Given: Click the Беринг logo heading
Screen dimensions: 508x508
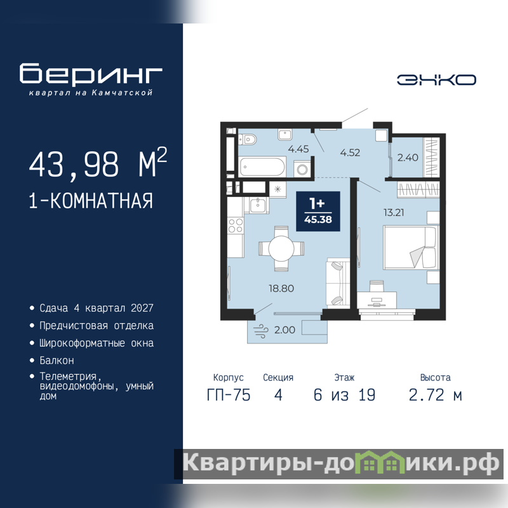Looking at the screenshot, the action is (x=91, y=74).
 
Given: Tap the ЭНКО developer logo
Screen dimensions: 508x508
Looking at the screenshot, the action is (x=436, y=80).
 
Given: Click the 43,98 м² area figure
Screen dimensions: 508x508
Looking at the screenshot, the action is (x=98, y=163).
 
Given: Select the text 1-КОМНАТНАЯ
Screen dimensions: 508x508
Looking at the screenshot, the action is (x=91, y=201).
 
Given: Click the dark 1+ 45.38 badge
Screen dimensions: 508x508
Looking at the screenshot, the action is (x=318, y=211).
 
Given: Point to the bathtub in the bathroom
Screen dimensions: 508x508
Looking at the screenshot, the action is (x=262, y=167).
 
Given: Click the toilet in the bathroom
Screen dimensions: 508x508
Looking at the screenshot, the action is (x=247, y=140).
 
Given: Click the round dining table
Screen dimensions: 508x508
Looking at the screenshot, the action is (x=281, y=248).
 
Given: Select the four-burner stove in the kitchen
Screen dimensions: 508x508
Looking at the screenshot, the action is (x=236, y=225).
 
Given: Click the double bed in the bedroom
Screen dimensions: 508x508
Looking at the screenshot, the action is (x=410, y=248).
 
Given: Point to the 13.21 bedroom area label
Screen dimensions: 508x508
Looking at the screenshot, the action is (x=394, y=213).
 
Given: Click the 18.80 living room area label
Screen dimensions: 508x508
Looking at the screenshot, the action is (x=281, y=288).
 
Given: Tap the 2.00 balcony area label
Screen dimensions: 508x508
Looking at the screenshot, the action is (x=284, y=330).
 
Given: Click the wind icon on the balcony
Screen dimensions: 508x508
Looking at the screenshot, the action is (x=261, y=331).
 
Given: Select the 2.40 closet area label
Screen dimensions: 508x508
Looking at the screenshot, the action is (x=408, y=157).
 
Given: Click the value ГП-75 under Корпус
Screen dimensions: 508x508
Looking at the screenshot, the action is (x=229, y=395).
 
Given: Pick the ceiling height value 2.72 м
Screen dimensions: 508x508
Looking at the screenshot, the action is (x=435, y=395).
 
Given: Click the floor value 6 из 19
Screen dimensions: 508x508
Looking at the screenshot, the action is (x=344, y=395).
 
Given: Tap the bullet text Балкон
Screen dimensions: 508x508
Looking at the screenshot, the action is (x=57, y=360).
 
